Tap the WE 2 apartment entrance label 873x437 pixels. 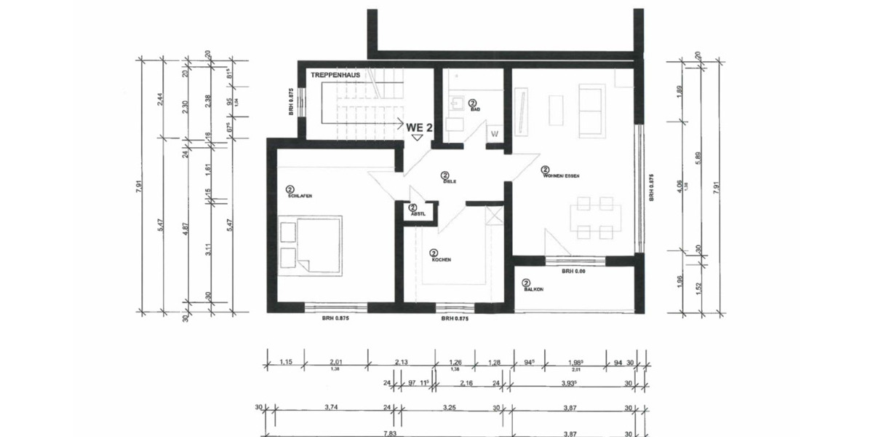click(x=420, y=127)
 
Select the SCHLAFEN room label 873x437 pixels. click(x=300, y=196)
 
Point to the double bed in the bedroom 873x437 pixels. click(x=311, y=243)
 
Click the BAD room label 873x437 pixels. click(x=474, y=109)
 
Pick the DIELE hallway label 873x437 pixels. click(x=449, y=181)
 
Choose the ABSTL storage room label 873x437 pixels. click(x=417, y=213)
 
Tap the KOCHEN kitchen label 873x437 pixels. click(x=441, y=259)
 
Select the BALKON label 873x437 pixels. click(x=533, y=289)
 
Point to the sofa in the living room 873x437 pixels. click(x=590, y=110)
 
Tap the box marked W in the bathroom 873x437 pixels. click(x=495, y=134)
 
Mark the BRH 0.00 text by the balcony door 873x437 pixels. click(x=574, y=272)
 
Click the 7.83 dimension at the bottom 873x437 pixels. click(x=389, y=433)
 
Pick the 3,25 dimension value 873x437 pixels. click(x=447, y=409)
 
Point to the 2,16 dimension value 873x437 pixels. click(x=466, y=382)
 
